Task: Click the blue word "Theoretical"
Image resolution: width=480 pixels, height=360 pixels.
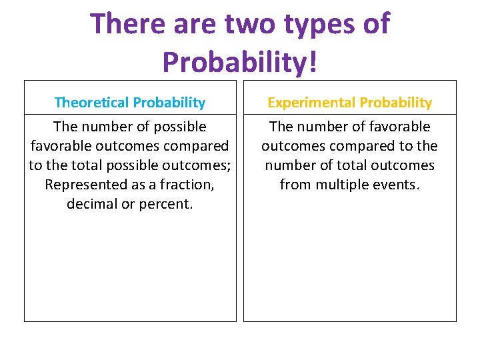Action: (91, 103)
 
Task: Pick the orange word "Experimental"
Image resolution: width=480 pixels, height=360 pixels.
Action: (311, 103)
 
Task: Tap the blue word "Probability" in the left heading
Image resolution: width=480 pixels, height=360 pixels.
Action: (169, 103)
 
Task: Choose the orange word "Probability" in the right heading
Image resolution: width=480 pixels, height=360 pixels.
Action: (395, 103)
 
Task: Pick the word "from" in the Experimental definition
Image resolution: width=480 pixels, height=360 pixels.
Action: (295, 185)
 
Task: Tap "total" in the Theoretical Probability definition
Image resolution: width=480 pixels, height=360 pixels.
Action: (82, 165)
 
